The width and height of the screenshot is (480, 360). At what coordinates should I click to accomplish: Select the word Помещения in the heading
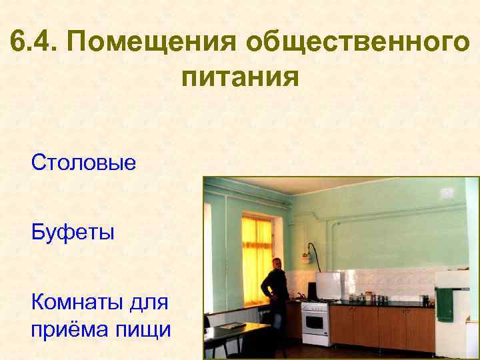coord(153,43)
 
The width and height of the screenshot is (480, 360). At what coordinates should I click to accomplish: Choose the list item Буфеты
coord(73,233)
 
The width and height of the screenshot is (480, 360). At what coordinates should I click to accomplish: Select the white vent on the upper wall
coord(447,194)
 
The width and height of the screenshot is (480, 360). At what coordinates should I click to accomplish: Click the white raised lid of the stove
coord(328,285)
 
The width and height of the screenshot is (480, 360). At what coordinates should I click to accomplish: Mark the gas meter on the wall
coord(307,251)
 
